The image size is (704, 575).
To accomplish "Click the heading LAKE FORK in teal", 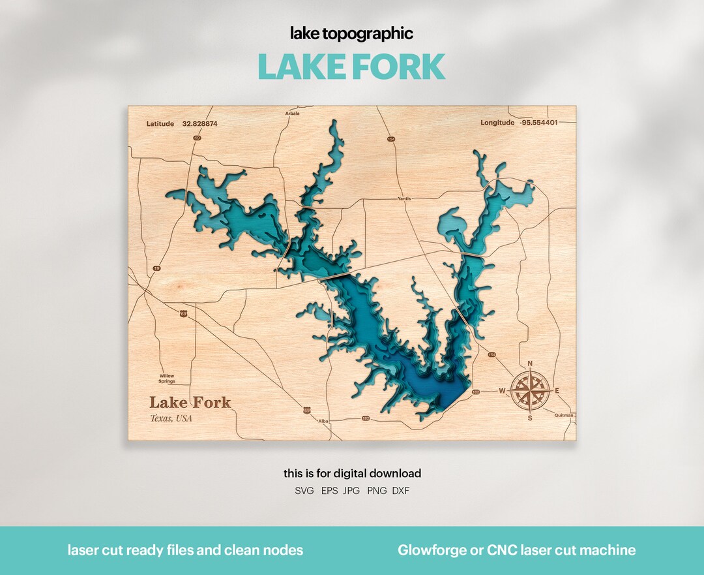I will point(351,67).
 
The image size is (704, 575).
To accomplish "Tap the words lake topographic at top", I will point(352,34).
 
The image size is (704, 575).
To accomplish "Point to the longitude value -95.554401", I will point(538,123).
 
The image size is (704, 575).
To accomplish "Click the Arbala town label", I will point(293,114).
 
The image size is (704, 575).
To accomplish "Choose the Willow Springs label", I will point(167,379).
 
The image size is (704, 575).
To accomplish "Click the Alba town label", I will point(323,422).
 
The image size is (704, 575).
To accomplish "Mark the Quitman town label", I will point(565,415).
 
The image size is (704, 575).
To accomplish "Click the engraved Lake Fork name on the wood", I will point(190,402).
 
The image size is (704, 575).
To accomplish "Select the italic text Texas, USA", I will point(171,418).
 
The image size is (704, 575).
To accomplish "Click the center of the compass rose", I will point(529,391).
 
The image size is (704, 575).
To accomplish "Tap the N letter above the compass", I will point(529,364).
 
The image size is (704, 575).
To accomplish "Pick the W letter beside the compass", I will point(502,391).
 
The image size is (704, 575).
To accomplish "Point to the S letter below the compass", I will point(529,418).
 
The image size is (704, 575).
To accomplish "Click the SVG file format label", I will point(304,490).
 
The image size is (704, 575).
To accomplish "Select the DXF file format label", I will point(401,490).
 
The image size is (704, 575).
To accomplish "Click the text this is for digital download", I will point(352,473).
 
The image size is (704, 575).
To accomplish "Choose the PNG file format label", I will point(377,490).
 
